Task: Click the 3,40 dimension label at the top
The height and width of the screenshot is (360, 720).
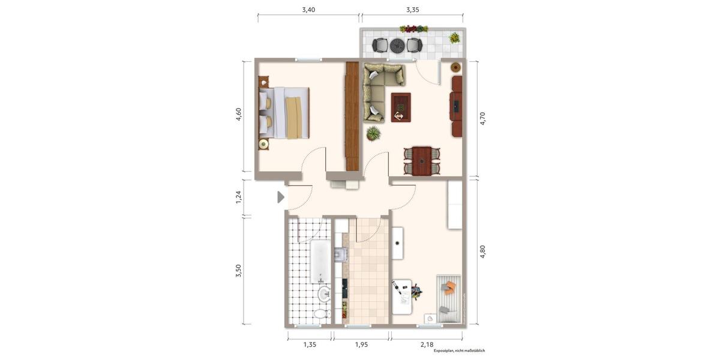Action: (308, 10)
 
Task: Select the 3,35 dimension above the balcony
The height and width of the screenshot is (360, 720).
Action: (412, 10)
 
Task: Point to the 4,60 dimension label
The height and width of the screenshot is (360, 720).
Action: (238, 115)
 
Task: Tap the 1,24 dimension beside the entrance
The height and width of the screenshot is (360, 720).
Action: (238, 197)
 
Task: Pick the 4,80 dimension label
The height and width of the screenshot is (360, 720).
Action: (482, 252)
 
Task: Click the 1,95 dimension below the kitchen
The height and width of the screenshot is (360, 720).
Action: (361, 344)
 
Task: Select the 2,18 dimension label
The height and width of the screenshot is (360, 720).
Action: (427, 344)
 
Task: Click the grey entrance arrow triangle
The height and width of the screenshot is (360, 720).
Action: (281, 197)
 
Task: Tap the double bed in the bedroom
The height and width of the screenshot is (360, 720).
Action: (284, 113)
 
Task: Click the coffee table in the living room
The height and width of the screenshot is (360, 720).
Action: (401, 107)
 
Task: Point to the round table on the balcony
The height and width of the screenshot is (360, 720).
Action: (397, 45)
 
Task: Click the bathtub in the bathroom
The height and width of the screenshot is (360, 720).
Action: (320, 262)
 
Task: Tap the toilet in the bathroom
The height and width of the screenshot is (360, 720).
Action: (321, 314)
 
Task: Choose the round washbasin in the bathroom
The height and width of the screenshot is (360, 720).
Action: (324, 294)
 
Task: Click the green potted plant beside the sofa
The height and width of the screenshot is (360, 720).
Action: (373, 133)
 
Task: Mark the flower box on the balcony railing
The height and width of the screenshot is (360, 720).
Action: (413, 29)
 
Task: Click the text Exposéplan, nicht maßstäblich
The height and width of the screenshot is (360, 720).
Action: (459, 350)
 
